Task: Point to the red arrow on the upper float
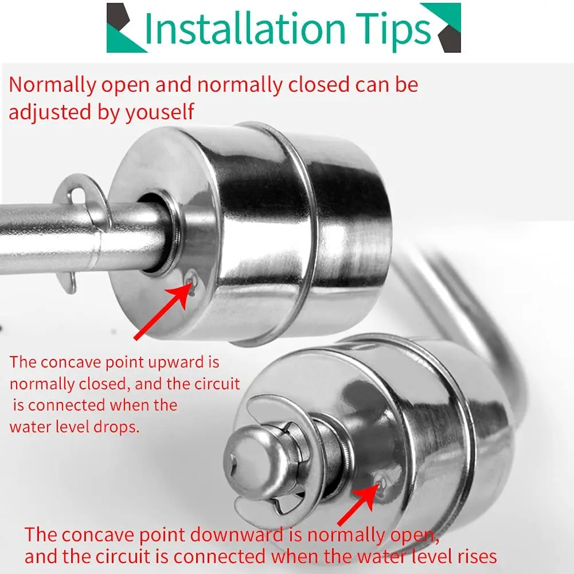click(x=162, y=310)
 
